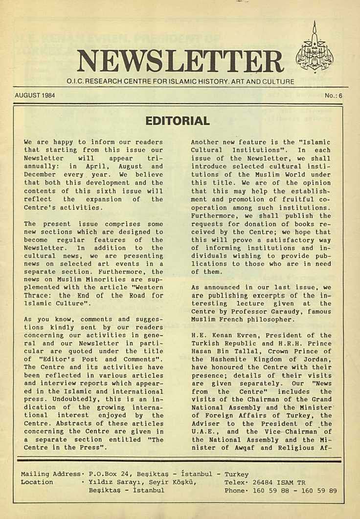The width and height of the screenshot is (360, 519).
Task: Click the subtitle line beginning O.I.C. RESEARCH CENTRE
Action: pyautogui.click(x=180, y=83)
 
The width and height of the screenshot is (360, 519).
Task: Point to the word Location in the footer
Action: pyautogui.click(x=37, y=482)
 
